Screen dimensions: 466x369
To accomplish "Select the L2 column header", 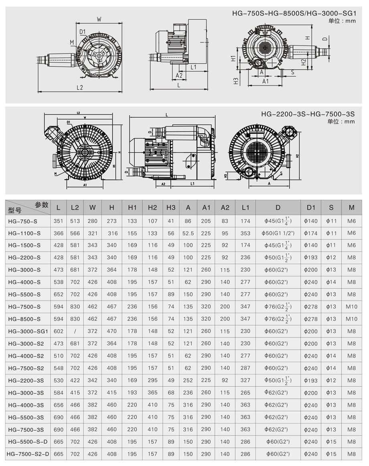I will coord(75,207).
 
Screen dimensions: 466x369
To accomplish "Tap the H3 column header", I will coord(171,207).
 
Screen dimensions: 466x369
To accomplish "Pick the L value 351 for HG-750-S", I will coord(59,221).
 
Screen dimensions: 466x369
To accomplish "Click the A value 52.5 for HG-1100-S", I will coord(188,233).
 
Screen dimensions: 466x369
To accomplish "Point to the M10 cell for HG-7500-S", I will coord(352,307).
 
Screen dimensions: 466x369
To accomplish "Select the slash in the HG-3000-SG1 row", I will coord(75,331).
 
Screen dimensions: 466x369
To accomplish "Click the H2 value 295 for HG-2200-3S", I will coord(152,380).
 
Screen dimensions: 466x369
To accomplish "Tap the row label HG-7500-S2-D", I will coord(28,454).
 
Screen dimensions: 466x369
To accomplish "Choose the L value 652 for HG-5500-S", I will coord(59,294).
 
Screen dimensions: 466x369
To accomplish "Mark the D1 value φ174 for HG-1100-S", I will coord(311,233).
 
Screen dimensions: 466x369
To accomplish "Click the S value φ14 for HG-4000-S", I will coord(331,282).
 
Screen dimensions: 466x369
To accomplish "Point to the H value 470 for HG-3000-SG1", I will coord(112,331).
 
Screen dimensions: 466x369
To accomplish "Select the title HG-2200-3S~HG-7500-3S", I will coord(308,114).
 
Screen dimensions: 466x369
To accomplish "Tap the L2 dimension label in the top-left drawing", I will coord(79,87).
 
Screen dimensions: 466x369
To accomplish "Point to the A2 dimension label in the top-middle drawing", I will coord(179,75).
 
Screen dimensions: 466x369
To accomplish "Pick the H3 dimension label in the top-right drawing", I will coord(236,81).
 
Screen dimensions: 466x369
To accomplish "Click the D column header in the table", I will coord(278,207).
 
